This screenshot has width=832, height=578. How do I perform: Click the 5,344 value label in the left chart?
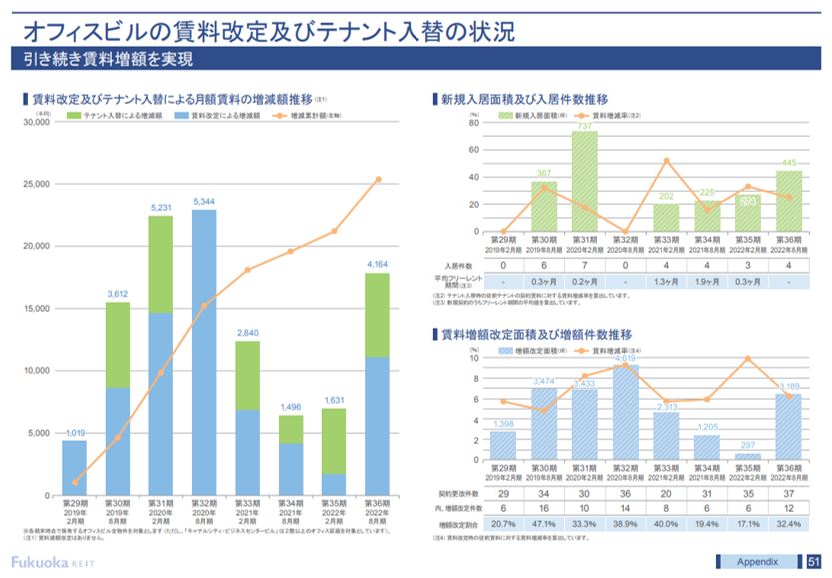pos(203,202)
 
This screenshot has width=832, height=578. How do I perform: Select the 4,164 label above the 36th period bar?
pos(376,265)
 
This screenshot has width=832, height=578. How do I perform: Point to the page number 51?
pos(814,560)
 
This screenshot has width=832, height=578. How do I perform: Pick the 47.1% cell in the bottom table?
pos(545,524)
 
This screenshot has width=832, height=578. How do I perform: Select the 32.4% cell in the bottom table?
pos(789,524)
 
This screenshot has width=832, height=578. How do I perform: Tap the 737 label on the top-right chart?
pos(585,126)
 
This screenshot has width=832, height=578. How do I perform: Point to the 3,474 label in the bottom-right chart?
pos(545,381)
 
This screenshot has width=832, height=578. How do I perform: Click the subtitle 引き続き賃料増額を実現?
pos(108,59)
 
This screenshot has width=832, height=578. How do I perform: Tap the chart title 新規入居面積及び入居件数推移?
pos(524,99)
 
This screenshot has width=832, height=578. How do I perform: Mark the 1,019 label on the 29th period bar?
pos(74,433)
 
